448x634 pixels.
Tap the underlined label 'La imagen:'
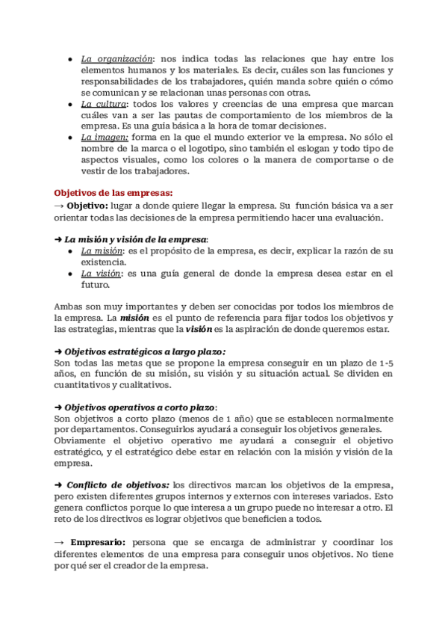pos(105,137)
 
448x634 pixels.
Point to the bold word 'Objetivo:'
pos(87,206)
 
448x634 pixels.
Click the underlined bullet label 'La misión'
pos(101,251)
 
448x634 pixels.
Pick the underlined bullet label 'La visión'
pos(100,274)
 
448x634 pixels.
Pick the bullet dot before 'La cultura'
pos(69,103)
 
